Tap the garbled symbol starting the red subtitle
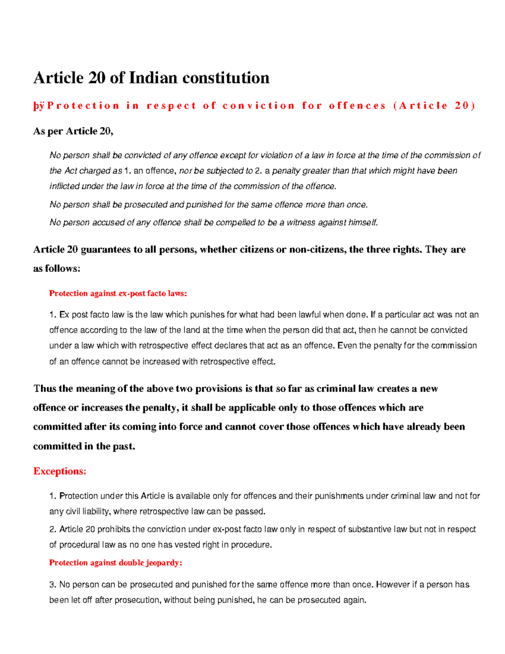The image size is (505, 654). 39,106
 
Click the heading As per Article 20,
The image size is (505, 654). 73,131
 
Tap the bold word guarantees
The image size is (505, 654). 105,250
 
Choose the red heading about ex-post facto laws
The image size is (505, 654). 118,294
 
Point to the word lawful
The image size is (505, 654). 315,315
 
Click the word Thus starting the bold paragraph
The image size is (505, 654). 45,389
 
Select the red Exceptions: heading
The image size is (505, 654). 60,471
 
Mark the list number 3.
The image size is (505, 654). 53,585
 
